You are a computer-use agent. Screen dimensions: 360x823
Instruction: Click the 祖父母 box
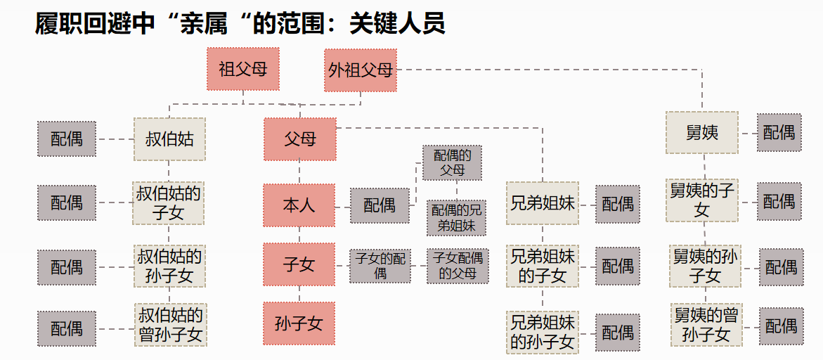[243, 69]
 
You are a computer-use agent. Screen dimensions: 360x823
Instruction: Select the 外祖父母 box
[360, 70]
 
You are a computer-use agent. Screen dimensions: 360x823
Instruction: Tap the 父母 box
[300, 139]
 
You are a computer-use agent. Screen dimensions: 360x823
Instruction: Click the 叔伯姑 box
[169, 139]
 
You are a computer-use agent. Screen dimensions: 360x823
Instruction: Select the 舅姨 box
[702, 132]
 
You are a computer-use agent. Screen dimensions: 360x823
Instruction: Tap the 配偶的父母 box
[452, 162]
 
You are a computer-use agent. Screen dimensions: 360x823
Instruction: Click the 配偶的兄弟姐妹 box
[457, 218]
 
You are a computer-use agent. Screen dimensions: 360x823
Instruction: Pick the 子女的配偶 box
[380, 266]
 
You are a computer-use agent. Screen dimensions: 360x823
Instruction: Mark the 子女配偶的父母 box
[458, 266]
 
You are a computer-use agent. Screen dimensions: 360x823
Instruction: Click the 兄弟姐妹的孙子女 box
[542, 333]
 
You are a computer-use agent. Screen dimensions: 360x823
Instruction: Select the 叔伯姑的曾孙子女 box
[169, 324]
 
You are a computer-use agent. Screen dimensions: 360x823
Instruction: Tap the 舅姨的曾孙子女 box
[706, 324]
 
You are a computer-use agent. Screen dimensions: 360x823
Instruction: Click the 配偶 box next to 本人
[380, 205]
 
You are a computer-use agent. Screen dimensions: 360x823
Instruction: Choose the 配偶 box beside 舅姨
[779, 132]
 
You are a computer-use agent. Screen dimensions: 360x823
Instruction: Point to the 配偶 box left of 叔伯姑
[67, 139]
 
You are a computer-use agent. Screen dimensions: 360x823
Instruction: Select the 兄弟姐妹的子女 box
[542, 266]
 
